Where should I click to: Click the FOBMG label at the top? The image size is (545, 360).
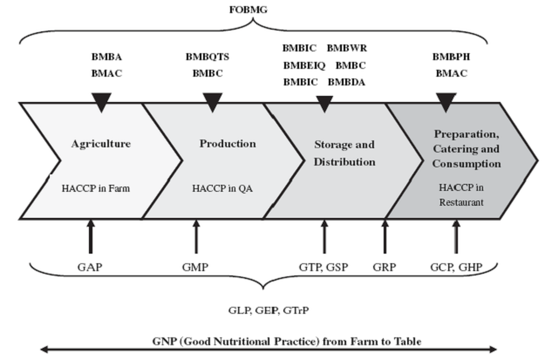(249, 10)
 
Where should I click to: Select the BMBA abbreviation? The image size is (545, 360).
(106, 57)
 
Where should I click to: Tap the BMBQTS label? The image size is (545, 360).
(208, 57)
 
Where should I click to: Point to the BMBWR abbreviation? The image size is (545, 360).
(346, 48)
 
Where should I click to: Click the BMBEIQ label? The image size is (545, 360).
(304, 65)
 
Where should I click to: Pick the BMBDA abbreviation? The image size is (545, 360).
(346, 82)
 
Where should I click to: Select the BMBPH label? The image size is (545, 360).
(451, 57)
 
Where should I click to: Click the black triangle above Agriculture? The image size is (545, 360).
(101, 102)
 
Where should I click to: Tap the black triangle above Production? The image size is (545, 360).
(213, 102)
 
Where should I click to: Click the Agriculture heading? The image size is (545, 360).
(101, 144)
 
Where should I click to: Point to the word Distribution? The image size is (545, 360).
(344, 162)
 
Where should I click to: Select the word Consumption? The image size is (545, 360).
(467, 164)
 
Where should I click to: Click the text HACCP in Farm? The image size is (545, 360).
(96, 188)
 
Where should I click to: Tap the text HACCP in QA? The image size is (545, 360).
(222, 188)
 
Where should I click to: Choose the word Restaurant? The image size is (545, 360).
(461, 202)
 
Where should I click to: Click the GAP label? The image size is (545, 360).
(90, 268)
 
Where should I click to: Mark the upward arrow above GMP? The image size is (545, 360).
(196, 236)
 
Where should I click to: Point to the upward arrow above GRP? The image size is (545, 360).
(385, 236)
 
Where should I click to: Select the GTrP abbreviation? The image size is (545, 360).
(296, 310)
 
